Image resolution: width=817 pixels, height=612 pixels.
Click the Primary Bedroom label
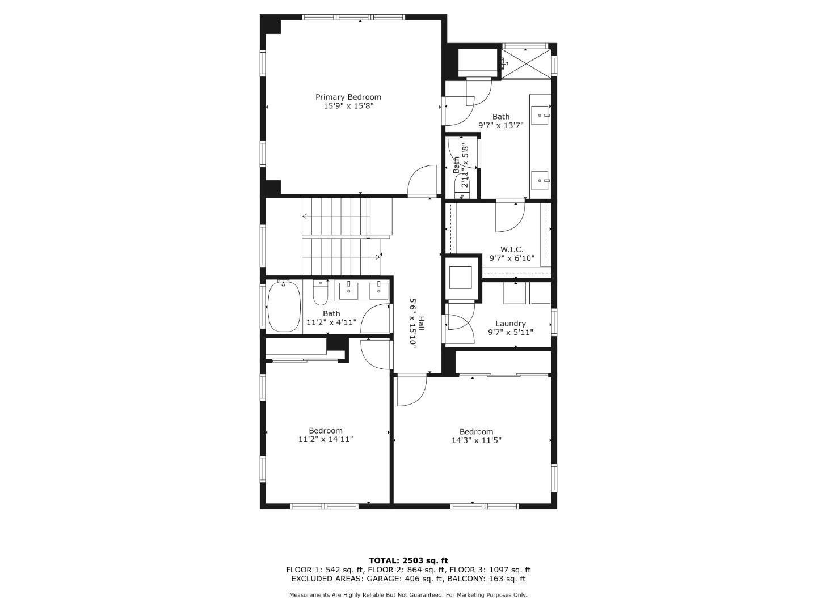click(348, 97)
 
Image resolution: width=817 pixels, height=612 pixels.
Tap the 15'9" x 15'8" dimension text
click(348, 106)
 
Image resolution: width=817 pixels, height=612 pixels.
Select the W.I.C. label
click(511, 249)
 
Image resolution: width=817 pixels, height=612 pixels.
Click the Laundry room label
click(511, 324)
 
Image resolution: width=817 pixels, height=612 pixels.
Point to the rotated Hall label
click(422, 322)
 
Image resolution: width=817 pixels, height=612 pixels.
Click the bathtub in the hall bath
click(284, 307)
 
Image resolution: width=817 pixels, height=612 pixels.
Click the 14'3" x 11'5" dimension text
click(476, 440)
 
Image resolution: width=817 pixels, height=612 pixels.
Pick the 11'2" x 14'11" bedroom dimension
click(326, 439)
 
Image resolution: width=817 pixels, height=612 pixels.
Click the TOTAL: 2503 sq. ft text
click(408, 560)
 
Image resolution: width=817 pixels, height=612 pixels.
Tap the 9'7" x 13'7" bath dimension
click(500, 126)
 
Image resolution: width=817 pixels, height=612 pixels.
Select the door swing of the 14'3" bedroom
click(410, 390)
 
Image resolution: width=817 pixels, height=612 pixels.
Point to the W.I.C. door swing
click(509, 216)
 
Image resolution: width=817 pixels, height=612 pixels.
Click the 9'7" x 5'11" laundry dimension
click(511, 333)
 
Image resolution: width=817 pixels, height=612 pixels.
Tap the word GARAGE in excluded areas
click(386, 579)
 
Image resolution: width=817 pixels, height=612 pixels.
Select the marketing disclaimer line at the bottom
click(408, 595)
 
